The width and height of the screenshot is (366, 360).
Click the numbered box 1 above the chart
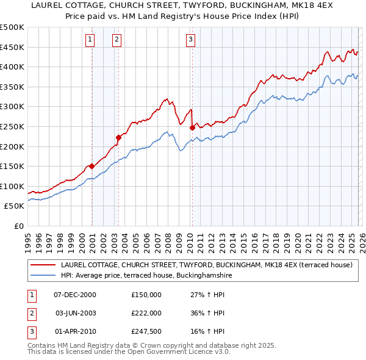[x=90, y=40]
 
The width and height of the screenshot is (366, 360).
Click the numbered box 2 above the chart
[x=117, y=40]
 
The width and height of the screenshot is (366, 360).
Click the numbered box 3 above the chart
[x=190, y=40]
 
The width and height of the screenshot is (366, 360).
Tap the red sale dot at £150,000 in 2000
[x=92, y=166]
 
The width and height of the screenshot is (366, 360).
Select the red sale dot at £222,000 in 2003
[x=119, y=137]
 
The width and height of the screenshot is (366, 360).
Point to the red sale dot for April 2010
[x=192, y=128]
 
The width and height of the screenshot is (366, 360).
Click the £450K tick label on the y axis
[x=12, y=47]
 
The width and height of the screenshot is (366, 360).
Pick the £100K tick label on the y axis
[x=12, y=186]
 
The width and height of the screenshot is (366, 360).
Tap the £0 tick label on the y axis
[x=18, y=226]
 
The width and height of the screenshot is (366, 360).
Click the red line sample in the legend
[x=43, y=265]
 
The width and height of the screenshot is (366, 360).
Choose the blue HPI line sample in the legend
[x=43, y=275]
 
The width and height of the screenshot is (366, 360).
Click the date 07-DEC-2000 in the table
[x=75, y=294]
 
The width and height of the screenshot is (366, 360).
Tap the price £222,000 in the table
[x=146, y=312]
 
